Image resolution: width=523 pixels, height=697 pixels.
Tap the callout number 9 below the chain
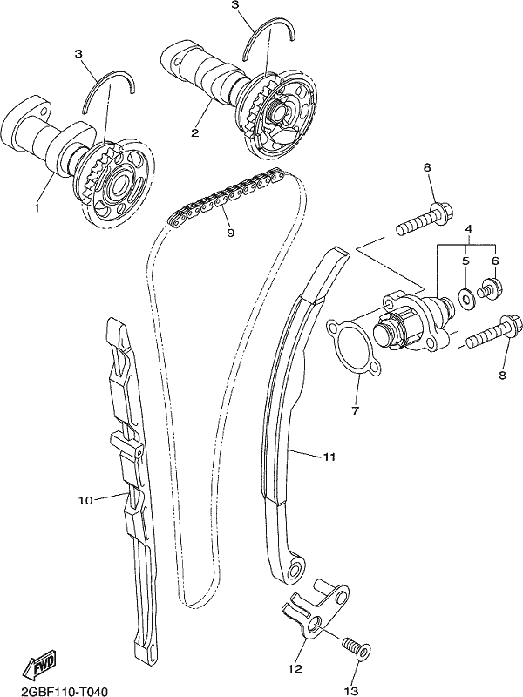230,232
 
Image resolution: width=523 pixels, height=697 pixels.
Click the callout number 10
85,500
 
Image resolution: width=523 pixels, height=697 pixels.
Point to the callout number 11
329,457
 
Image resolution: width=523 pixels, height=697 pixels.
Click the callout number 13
351,690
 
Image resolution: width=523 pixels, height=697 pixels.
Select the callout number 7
355,410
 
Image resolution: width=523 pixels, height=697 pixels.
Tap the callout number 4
468,229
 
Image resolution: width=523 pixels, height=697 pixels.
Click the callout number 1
37,207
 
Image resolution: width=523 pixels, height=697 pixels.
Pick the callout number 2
194,132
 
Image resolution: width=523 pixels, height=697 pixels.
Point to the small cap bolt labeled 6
490,288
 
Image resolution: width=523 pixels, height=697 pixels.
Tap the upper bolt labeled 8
424,220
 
